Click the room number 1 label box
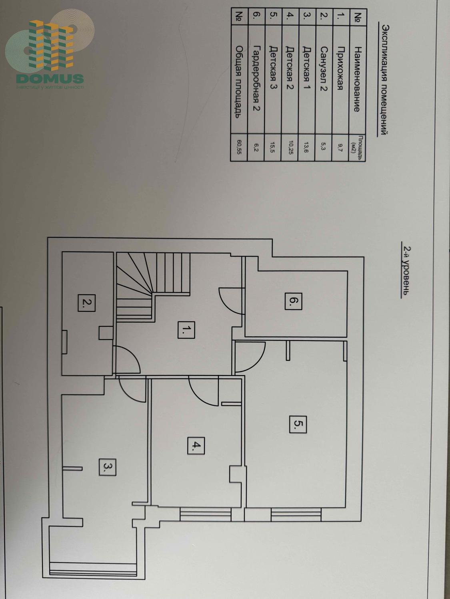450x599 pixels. click(x=186, y=330)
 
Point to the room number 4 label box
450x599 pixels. click(x=196, y=446)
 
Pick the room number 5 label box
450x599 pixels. click(x=298, y=424)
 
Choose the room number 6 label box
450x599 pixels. click(x=294, y=301)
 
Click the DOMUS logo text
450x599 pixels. click(x=50, y=79)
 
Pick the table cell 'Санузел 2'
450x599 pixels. click(x=324, y=69)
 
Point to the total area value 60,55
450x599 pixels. click(x=239, y=147)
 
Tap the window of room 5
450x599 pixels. click(x=296, y=515)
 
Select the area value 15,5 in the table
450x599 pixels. click(x=273, y=147)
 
